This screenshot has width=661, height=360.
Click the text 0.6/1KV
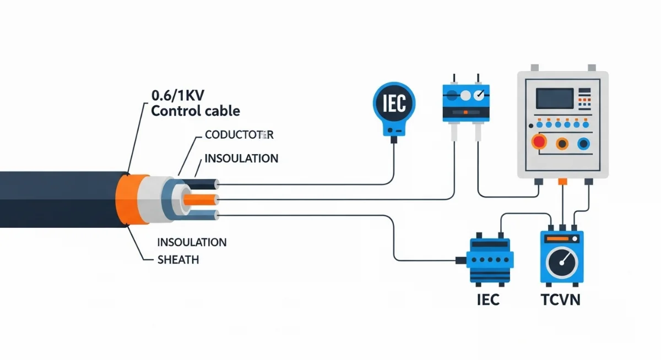tap(177, 95)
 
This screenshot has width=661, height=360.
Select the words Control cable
tap(196, 111)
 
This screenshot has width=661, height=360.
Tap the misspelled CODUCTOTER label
tap(239, 135)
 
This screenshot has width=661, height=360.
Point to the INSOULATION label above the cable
tap(241, 159)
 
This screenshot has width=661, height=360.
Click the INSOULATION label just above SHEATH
tap(192, 242)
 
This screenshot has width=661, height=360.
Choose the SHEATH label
tap(178, 260)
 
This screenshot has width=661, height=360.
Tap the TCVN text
tap(560, 300)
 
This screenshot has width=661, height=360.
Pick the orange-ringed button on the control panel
tap(562, 144)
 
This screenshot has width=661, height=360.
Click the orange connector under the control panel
tap(562, 181)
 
